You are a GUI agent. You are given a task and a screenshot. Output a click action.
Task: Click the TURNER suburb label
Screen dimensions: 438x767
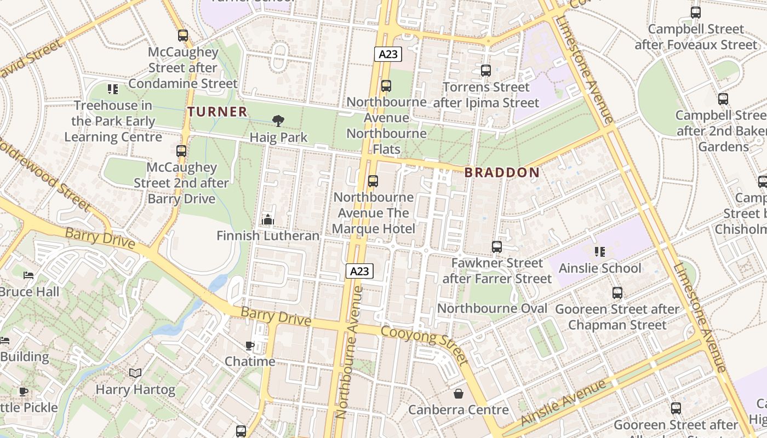217,112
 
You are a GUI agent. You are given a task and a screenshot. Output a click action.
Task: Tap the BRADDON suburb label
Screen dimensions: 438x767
502,172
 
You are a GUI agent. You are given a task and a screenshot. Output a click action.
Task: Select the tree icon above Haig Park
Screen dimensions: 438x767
278,121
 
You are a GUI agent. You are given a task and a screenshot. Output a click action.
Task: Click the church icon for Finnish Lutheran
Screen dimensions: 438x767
267,220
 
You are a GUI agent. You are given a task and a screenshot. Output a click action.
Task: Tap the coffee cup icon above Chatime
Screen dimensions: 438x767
250,345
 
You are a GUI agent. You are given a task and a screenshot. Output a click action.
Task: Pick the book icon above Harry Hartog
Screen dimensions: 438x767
135,373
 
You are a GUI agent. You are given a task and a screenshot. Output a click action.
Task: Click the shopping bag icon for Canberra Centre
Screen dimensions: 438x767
459,394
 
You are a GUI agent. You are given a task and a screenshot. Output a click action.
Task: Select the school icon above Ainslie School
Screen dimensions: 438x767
599,252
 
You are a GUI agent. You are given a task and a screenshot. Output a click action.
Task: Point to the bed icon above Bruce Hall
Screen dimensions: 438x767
28,275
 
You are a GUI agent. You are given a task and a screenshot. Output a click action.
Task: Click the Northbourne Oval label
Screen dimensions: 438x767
492,308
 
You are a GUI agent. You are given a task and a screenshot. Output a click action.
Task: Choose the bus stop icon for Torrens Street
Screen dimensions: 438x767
485,71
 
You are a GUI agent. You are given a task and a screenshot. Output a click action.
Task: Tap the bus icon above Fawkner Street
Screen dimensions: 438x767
497,247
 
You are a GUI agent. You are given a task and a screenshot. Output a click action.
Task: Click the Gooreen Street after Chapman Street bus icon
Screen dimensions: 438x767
617,293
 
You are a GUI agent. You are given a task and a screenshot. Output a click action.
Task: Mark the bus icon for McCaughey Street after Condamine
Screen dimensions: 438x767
183,36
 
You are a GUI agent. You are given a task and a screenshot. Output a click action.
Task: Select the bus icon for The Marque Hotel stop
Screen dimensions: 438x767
373,181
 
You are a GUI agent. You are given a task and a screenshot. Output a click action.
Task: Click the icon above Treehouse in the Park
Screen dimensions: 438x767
113,89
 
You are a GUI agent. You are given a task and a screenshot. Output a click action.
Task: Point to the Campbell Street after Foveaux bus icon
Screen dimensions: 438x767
695,13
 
